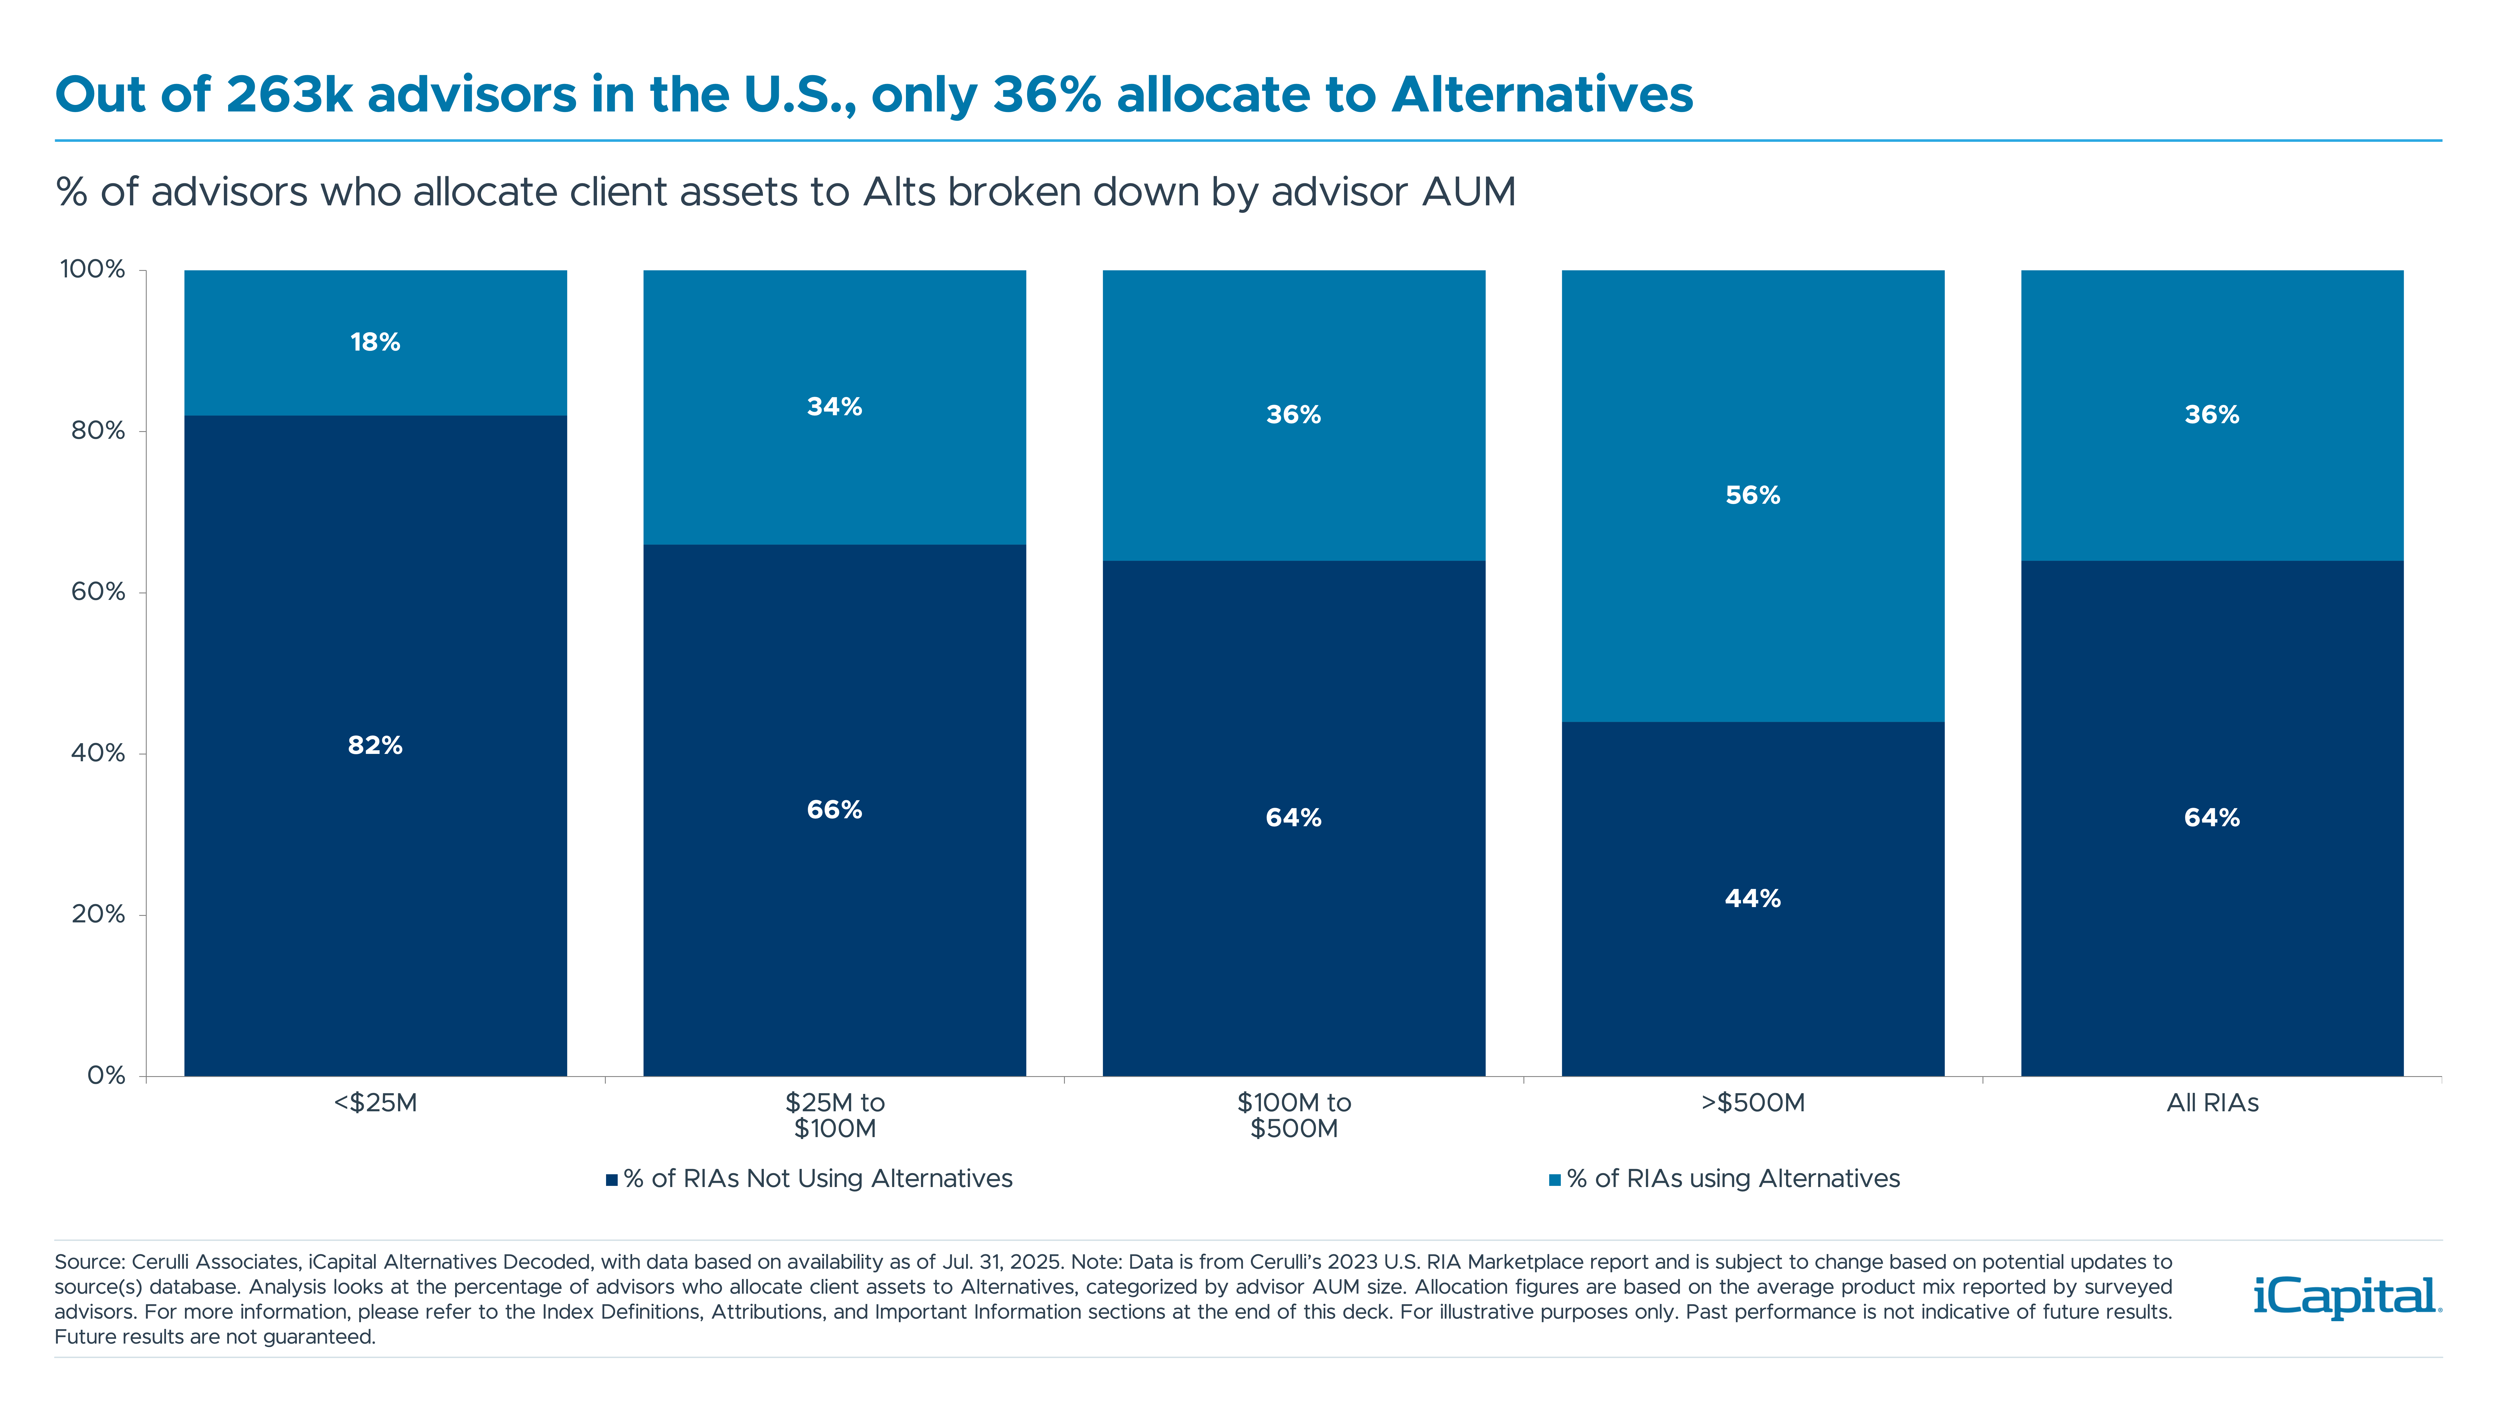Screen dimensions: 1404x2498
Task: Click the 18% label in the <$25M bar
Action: click(375, 342)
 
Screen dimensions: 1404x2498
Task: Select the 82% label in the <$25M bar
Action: click(375, 746)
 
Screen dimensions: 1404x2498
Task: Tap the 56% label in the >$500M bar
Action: click(1752, 496)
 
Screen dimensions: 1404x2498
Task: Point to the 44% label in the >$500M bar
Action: click(1752, 899)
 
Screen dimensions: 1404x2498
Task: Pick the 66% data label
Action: click(834, 809)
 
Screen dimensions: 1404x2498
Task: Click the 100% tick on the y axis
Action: click(93, 269)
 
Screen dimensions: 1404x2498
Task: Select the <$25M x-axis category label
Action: click(375, 1103)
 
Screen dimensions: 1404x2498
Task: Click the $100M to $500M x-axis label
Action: click(1294, 1115)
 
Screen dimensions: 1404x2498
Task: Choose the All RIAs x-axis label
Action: click(2212, 1103)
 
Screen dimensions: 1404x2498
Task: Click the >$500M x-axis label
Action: click(1752, 1103)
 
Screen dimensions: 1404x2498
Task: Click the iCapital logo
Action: click(2347, 1297)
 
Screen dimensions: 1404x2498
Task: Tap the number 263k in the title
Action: click(288, 95)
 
